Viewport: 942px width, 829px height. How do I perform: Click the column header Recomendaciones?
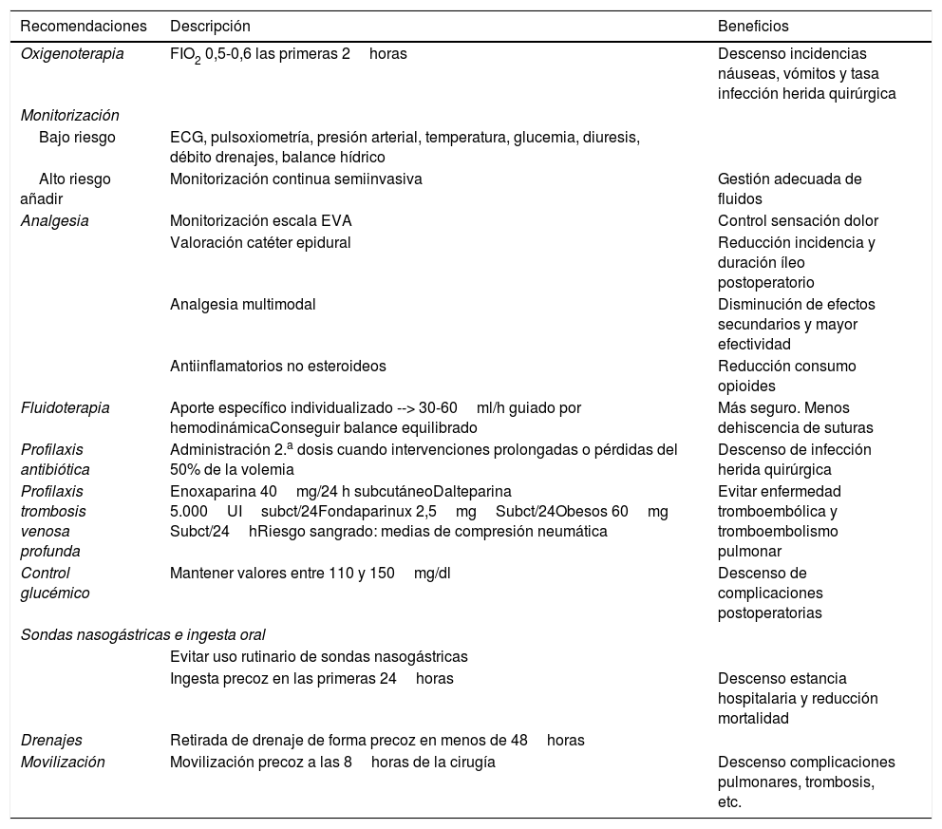[84, 26]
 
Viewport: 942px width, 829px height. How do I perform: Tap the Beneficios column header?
[753, 26]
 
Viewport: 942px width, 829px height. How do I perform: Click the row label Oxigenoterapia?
[72, 54]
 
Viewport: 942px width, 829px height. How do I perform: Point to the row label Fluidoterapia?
[66, 407]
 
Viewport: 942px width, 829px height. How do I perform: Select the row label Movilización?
[63, 762]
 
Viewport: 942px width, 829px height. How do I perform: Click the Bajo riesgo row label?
[77, 138]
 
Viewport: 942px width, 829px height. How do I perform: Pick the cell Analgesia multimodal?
[242, 304]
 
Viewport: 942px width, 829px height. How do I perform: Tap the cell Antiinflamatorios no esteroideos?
[277, 366]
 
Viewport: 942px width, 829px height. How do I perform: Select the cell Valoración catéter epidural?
[260, 242]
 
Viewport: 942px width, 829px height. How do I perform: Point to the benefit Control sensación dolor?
[798, 221]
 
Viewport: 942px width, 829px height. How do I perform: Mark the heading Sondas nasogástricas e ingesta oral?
[142, 634]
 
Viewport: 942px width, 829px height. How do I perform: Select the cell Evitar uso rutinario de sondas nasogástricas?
[318, 656]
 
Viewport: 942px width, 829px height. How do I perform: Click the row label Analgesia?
[54, 221]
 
